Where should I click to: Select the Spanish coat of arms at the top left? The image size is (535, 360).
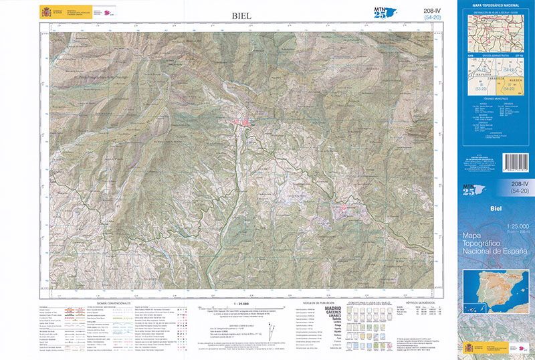pyautogui.click(x=45, y=11)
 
